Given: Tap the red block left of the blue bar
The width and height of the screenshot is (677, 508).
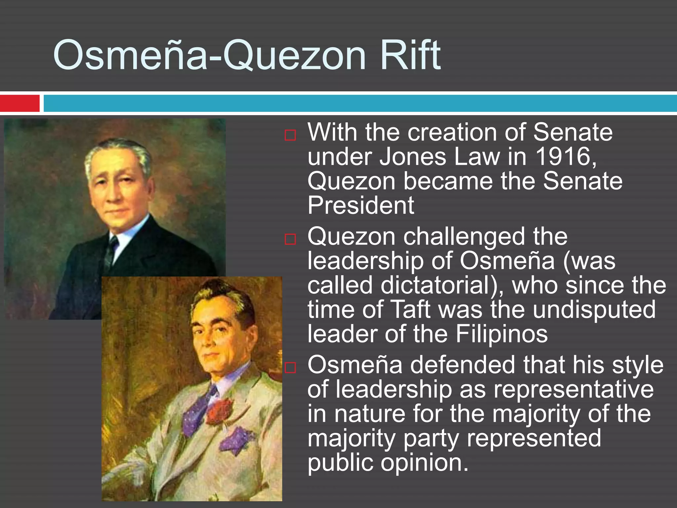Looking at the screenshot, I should [x=20, y=103].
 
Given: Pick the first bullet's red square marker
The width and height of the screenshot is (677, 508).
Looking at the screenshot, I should [x=290, y=135].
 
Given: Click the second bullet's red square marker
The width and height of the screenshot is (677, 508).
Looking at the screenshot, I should [x=290, y=239].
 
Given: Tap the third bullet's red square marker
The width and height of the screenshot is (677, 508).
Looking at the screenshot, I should [x=290, y=367].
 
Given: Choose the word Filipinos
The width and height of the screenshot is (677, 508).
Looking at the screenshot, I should [x=501, y=334].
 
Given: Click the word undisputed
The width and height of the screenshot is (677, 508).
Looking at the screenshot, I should [x=594, y=310].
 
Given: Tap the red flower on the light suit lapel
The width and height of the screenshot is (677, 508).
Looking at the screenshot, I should [x=219, y=410].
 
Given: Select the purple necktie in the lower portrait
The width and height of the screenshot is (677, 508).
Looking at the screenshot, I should [x=198, y=410].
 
